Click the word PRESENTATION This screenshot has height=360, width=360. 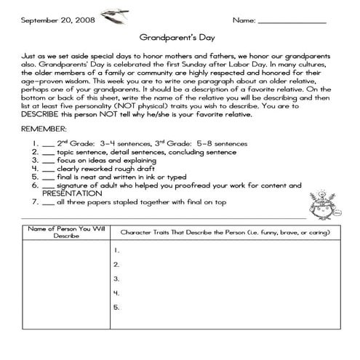pos(71,194)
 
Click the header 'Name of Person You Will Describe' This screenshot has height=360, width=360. pos(66,232)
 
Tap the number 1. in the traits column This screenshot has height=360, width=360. pos(116,249)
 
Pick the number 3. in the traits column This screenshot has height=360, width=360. pos(116,279)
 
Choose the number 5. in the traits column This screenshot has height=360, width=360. pos(116,307)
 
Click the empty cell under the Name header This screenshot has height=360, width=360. pos(66,291)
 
